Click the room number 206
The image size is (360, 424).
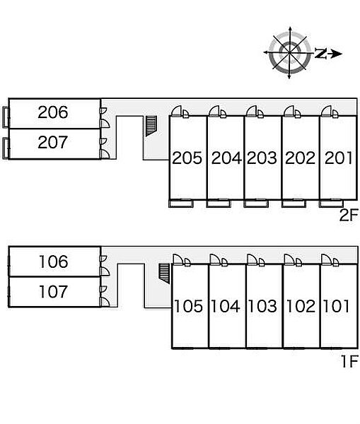[x=53, y=112]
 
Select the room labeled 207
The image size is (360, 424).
[x=53, y=142]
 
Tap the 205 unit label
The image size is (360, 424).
[x=187, y=158]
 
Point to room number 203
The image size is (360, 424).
[x=262, y=158]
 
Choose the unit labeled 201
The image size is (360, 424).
[x=339, y=158]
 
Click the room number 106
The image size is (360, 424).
[x=54, y=261]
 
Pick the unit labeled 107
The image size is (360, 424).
[x=53, y=292]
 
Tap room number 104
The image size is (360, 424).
[x=226, y=307]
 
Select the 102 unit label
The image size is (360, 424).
[x=301, y=307]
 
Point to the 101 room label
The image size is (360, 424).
[x=337, y=307]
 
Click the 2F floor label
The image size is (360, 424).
[x=349, y=215]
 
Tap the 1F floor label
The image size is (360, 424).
[x=350, y=361]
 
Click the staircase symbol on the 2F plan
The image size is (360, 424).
[x=151, y=126]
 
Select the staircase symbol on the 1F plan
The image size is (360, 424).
[x=164, y=273]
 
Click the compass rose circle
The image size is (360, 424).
[x=290, y=52]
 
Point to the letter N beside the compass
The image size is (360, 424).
[x=321, y=53]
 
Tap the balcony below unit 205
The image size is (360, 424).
[x=181, y=204]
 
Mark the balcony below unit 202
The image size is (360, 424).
[x=294, y=204]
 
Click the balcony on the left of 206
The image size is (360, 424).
[x=6, y=117]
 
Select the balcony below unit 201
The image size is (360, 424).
[x=331, y=204]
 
